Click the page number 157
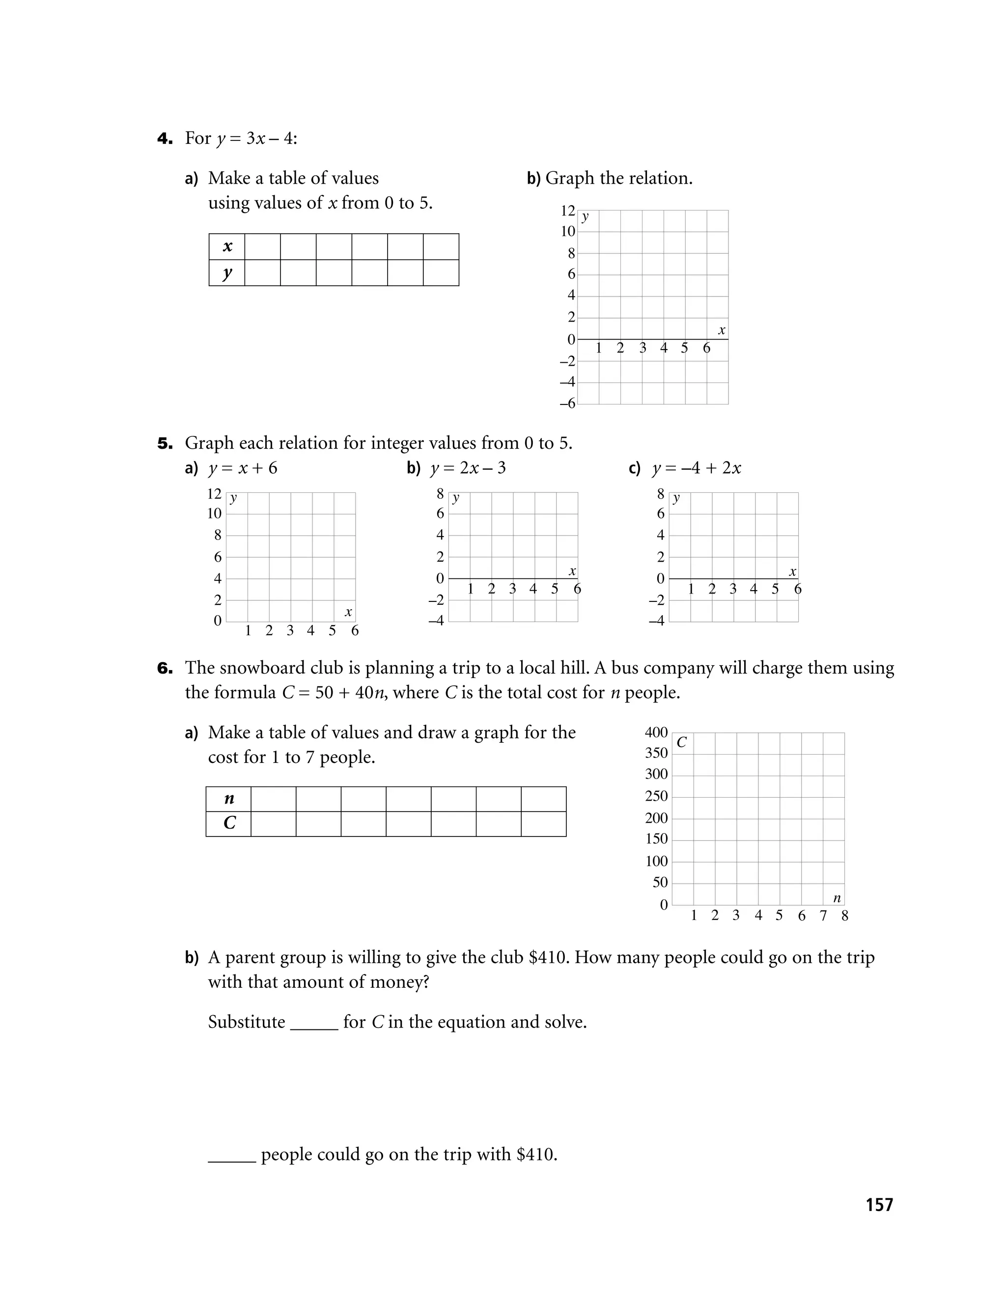pyautogui.click(x=879, y=1204)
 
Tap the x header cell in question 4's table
pyautogui.click(x=227, y=246)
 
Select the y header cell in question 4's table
pyautogui.click(x=227, y=273)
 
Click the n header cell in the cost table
pyautogui.click(x=229, y=799)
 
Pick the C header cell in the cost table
pyautogui.click(x=229, y=823)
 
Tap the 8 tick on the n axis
pyautogui.click(x=844, y=916)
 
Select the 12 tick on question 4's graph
pyautogui.click(x=567, y=211)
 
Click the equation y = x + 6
pyautogui.click(x=243, y=468)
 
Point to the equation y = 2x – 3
pyautogui.click(x=468, y=468)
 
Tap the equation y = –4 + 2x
pyautogui.click(x=696, y=468)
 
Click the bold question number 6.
pyautogui.click(x=165, y=669)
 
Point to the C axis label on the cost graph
pyautogui.click(x=682, y=743)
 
